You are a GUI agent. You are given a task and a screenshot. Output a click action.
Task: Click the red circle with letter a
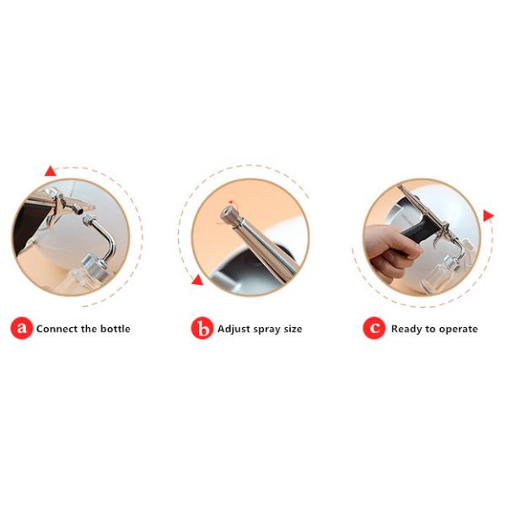pyautogui.click(x=22, y=328)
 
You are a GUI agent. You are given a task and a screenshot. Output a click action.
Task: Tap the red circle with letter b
pyautogui.click(x=202, y=328)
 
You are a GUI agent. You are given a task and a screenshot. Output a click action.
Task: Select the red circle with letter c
pyautogui.click(x=374, y=328)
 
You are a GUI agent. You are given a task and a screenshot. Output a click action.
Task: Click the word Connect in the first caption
pyautogui.click(x=57, y=329)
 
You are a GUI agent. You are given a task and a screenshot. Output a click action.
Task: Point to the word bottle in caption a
pyautogui.click(x=116, y=329)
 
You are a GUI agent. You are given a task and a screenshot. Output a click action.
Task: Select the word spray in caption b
pyautogui.click(x=267, y=330)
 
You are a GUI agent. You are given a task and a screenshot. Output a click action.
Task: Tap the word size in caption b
pyautogui.click(x=293, y=329)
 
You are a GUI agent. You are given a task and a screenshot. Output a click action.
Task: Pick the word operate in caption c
pyautogui.click(x=458, y=330)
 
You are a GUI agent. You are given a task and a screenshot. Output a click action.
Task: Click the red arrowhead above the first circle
pyautogui.click(x=51, y=171)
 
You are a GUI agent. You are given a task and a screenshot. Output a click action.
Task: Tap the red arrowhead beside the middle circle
pyautogui.click(x=197, y=280)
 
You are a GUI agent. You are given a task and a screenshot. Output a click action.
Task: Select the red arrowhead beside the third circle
pyautogui.click(x=488, y=215)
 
